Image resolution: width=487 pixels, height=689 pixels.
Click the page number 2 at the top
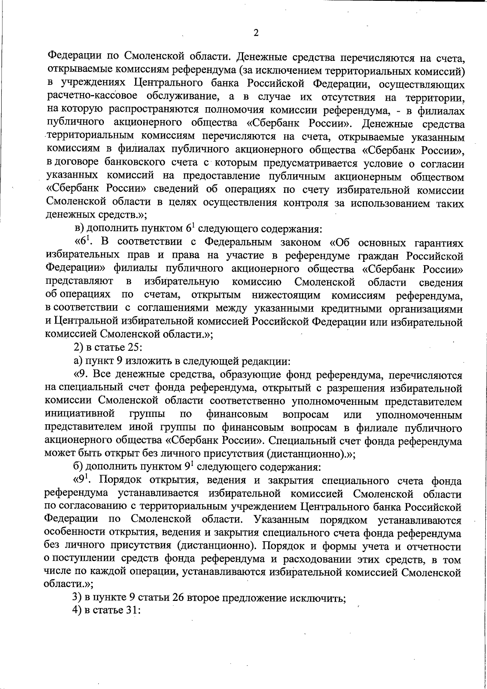[256, 33]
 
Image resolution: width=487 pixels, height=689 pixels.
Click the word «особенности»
[74, 533]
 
